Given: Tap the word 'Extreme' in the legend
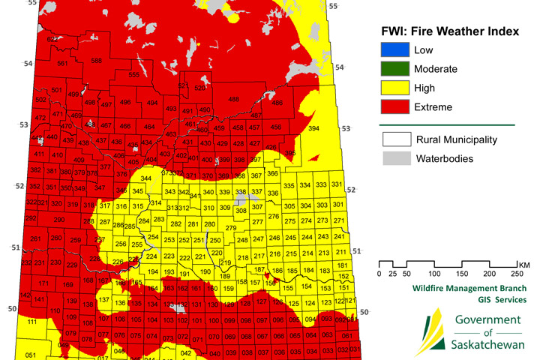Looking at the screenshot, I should pyautogui.click(x=433, y=107).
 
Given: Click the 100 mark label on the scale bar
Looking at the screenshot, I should pyautogui.click(x=434, y=274).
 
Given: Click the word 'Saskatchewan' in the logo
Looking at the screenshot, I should pyautogui.click(x=488, y=346).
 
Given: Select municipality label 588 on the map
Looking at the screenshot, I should pyautogui.click(x=96, y=60).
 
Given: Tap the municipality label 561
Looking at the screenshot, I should pyautogui.click(x=62, y=64).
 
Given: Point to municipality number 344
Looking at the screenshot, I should pyautogui.click(x=146, y=178).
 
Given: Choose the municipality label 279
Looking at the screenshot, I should pyautogui.click(x=231, y=227).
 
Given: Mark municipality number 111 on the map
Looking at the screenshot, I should pyautogui.click(x=31, y=321).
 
